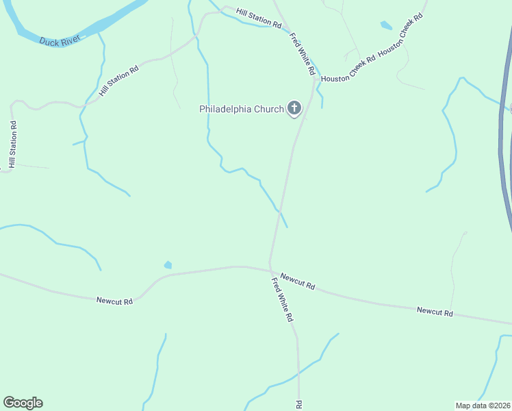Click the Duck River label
[60, 40]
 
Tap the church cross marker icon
[294, 108]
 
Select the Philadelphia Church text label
[241, 109]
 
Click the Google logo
[23, 403]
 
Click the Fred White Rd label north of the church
[302, 54]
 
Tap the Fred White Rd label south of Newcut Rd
[282, 299]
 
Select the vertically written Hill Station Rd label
[12, 144]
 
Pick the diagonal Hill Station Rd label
[118, 80]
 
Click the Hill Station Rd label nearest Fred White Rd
[259, 18]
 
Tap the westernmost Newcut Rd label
[114, 300]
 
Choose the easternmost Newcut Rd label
[435, 312]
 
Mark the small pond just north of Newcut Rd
[168, 264]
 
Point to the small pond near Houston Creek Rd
[386, 26]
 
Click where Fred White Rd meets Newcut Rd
[270, 267]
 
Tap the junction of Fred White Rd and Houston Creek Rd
[315, 79]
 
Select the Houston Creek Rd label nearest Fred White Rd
[349, 68]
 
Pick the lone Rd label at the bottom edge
[298, 405]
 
